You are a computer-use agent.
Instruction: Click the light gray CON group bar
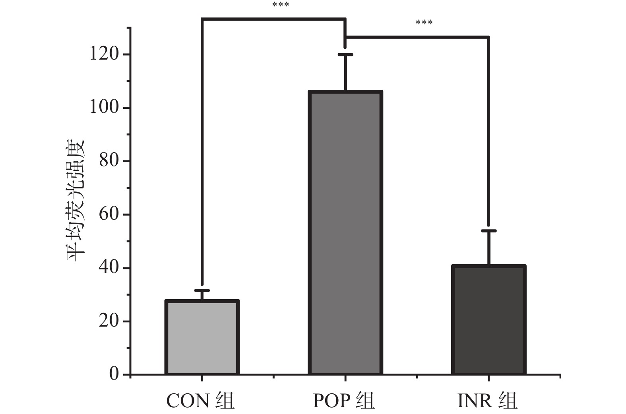click(202, 337)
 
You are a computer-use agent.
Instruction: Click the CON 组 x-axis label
click(200, 401)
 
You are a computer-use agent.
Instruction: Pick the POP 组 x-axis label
click(344, 401)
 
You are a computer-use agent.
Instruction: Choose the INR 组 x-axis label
click(487, 401)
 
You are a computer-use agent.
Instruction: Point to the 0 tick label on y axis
click(114, 374)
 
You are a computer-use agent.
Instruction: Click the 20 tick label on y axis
click(109, 321)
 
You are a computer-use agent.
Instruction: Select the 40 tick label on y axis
click(109, 267)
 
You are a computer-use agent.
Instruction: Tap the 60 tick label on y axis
click(109, 214)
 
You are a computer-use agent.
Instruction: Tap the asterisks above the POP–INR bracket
click(424, 23)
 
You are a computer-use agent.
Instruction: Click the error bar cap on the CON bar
click(202, 291)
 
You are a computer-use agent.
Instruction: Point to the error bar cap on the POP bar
click(345, 54)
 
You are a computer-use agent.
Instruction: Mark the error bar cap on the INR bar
click(488, 231)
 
